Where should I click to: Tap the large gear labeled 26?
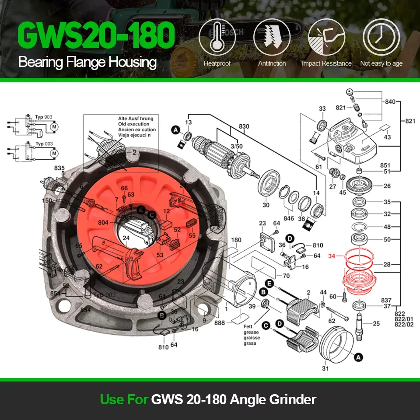tap(363, 186)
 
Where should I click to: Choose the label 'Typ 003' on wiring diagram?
tap(44, 143)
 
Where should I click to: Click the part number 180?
tap(236, 240)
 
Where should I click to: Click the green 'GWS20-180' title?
tap(96, 37)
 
